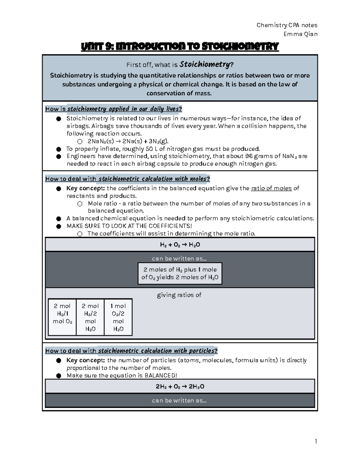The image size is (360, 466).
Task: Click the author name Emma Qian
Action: [300, 34]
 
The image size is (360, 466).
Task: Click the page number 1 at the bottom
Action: [316, 441]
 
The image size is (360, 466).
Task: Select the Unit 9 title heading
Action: [180, 47]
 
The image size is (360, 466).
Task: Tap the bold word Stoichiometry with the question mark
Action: [206, 65]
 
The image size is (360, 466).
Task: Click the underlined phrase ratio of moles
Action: [271, 188]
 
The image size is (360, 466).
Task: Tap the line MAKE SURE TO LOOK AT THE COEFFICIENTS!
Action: [129, 226]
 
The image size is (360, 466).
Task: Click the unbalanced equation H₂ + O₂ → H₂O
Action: [180, 245]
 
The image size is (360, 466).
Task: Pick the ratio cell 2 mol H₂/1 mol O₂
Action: [62, 317]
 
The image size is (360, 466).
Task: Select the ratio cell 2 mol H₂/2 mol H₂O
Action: [90, 317]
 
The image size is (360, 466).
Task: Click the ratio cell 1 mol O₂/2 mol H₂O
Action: [118, 317]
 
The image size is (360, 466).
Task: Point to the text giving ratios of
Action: [179, 295]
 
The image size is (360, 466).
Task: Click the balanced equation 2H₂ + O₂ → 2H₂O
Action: [180, 386]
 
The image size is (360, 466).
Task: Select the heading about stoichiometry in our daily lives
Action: [113, 109]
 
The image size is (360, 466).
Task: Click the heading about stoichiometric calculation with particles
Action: [131, 351]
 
